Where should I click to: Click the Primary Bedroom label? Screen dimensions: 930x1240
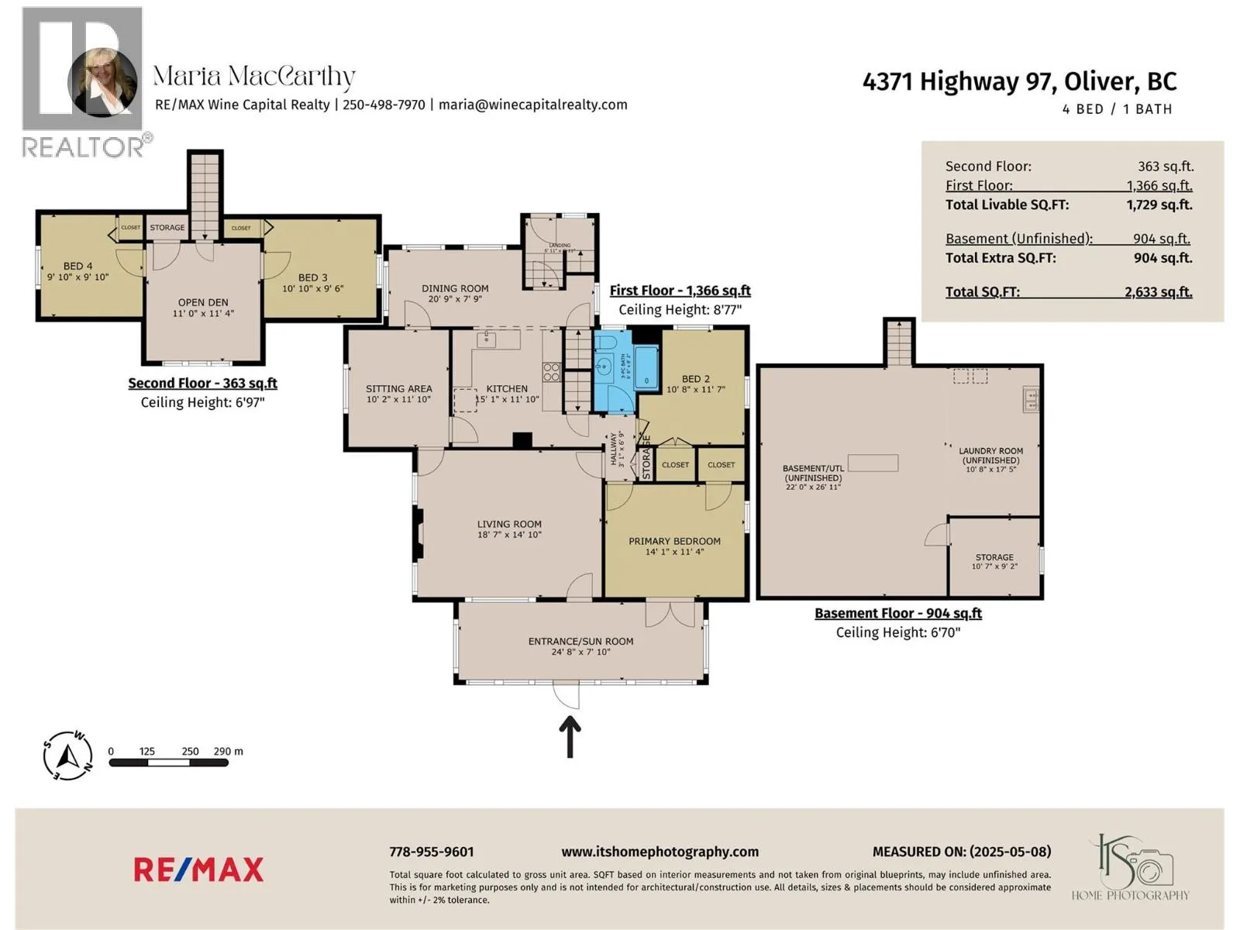click(674, 542)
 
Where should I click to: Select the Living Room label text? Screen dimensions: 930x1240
click(509, 525)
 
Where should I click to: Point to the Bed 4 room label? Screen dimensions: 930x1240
click(77, 267)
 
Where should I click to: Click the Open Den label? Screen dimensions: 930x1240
click(203, 303)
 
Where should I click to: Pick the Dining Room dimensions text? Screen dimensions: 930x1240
click(455, 299)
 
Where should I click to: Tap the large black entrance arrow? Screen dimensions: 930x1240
click(570, 736)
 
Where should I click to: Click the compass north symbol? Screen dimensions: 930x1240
click(68, 754)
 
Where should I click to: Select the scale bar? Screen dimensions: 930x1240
click(169, 763)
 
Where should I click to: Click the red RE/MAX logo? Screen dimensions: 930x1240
click(198, 870)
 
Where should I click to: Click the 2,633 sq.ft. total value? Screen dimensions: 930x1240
click(1159, 292)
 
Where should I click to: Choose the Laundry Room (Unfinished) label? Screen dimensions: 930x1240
click(990, 456)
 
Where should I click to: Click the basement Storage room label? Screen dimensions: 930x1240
click(994, 557)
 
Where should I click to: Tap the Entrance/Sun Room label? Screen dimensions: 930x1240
click(580, 642)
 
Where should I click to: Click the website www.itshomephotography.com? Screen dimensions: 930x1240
click(660, 852)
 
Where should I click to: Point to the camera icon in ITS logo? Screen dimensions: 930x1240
click(1153, 867)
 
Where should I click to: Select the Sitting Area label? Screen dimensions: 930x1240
click(398, 389)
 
